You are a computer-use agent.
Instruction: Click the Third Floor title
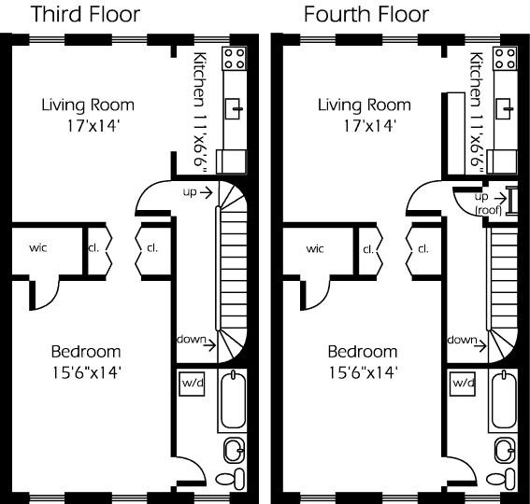(x=85, y=14)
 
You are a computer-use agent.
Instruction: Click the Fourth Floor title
(x=366, y=14)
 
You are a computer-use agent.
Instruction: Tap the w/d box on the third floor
(x=192, y=384)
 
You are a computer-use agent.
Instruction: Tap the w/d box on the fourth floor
(x=463, y=384)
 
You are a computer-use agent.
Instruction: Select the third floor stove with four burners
(x=234, y=59)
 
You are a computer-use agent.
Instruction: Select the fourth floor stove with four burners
(x=505, y=59)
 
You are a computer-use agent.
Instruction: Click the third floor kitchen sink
(x=234, y=108)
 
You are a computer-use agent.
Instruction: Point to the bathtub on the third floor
(x=233, y=400)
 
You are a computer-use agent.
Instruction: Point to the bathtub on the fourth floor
(x=504, y=400)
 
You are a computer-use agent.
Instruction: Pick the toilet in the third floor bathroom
(x=230, y=479)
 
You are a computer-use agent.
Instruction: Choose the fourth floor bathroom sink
(x=506, y=451)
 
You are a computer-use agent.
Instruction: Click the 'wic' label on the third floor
(x=37, y=247)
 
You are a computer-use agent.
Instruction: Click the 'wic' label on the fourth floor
(x=315, y=249)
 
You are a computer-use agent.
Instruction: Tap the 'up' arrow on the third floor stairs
(x=206, y=193)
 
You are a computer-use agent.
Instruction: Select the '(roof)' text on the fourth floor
(x=488, y=210)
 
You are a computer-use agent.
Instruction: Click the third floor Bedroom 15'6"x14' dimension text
(x=86, y=373)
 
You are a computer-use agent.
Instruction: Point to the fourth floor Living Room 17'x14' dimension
(x=369, y=126)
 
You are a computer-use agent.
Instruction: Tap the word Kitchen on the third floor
(x=200, y=79)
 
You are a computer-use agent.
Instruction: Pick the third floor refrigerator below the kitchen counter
(x=231, y=161)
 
